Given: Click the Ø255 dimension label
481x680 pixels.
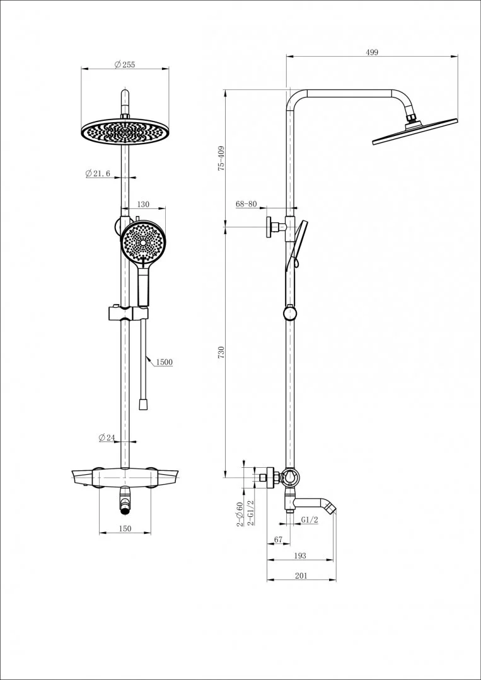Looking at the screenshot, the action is (x=125, y=65).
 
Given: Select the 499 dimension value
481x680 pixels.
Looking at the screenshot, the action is (x=372, y=52).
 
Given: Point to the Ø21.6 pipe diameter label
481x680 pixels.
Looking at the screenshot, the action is (x=98, y=174).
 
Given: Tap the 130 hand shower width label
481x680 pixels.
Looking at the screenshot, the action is (x=143, y=204).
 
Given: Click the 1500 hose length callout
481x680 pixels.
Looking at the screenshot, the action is (x=164, y=362).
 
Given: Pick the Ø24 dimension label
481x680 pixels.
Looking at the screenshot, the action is (x=107, y=438).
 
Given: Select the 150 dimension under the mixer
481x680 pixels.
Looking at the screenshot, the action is (x=125, y=529).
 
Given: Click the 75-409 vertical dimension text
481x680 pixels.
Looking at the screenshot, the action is (x=221, y=159).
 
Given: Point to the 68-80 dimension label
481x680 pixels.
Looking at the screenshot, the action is (x=246, y=204).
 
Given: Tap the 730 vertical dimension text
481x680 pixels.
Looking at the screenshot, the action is (x=221, y=352).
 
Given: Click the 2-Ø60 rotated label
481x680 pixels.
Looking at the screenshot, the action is (x=239, y=514).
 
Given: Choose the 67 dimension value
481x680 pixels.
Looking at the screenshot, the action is (x=278, y=540).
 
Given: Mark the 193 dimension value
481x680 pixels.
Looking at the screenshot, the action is (x=300, y=555).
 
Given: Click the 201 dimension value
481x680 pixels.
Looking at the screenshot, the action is (x=301, y=576).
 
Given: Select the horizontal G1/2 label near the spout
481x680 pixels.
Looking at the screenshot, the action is (x=310, y=519).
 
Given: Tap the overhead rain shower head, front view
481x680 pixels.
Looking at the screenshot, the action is (x=125, y=131).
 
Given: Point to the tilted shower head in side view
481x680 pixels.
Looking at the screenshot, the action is (x=415, y=132).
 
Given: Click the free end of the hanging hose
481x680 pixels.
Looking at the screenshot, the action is (x=143, y=405).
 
